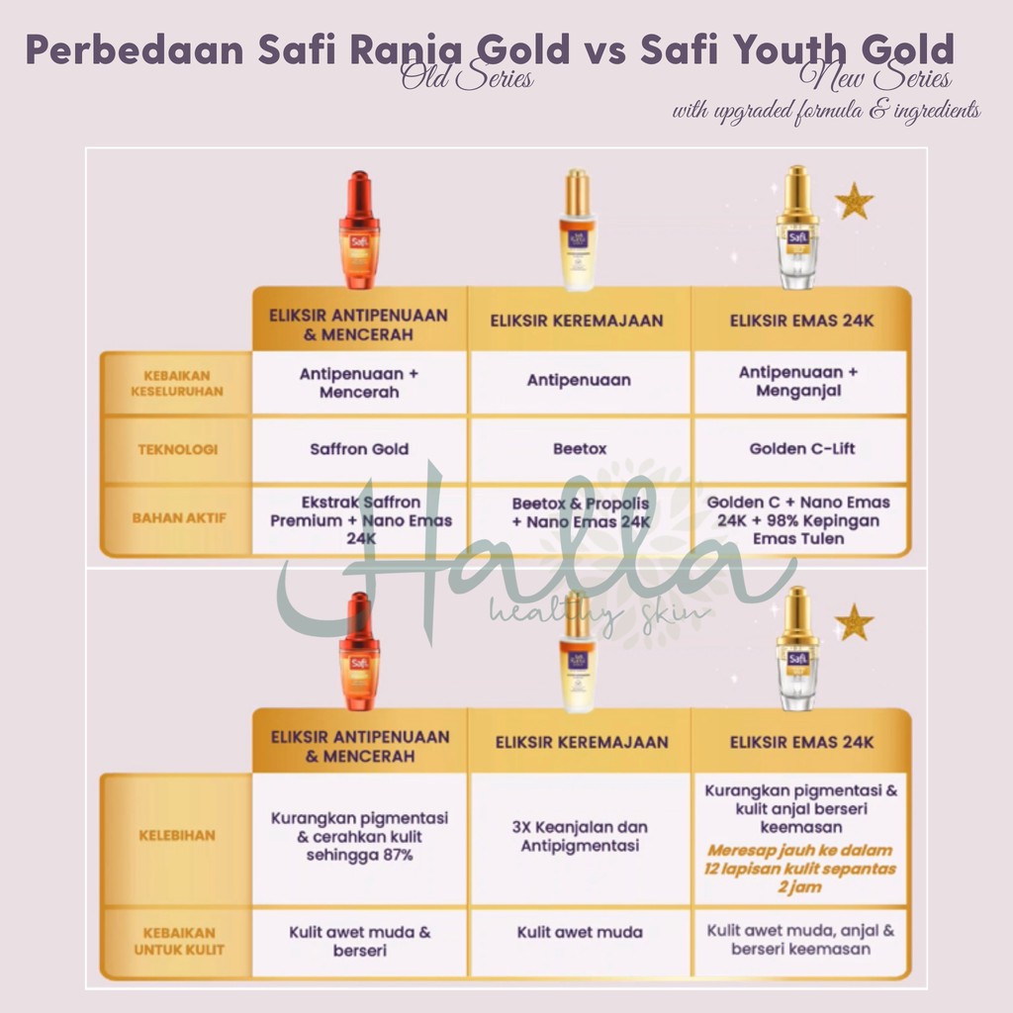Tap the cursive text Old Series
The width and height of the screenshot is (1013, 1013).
467,78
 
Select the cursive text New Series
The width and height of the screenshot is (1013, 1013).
879,78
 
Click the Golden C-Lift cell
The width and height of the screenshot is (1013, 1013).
802,449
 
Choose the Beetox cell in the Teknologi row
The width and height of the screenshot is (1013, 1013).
580,449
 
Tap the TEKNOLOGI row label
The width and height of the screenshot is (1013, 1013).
178,449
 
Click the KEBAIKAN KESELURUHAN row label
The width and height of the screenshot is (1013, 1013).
178,383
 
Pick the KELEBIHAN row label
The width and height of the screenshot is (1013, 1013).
178,835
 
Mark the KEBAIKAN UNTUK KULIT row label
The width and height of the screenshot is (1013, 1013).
178,941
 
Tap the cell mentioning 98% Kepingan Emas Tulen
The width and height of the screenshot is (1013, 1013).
798,520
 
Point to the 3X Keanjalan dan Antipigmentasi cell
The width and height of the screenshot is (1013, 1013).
581,836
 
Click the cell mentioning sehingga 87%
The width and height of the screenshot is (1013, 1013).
360,836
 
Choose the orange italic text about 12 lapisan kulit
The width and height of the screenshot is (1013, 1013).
800,869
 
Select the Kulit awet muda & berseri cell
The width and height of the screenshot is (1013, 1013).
360,941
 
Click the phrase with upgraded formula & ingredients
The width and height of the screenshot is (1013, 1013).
826,111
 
